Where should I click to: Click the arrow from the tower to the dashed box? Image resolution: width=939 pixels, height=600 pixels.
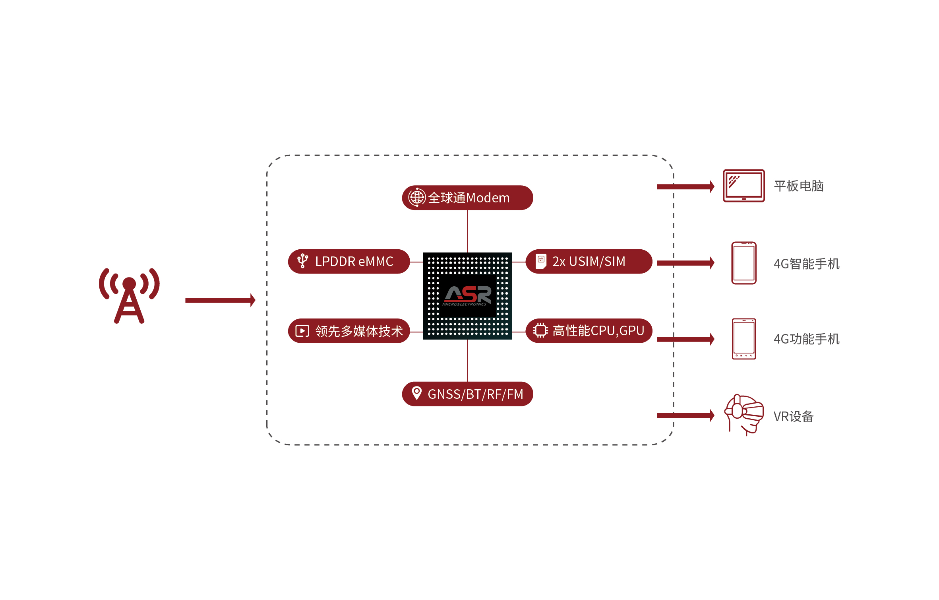point(220,300)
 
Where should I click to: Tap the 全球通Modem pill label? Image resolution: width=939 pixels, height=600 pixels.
point(468,198)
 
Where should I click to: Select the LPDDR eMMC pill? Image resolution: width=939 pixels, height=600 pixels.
point(349,261)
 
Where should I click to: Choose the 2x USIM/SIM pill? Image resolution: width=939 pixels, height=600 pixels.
point(589,261)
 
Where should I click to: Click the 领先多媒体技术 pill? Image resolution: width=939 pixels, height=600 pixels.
point(349,331)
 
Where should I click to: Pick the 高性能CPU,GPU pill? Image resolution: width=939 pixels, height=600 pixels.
point(589,330)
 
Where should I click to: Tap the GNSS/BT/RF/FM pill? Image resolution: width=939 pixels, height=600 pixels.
point(468,394)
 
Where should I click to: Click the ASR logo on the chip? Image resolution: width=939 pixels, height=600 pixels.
point(467,295)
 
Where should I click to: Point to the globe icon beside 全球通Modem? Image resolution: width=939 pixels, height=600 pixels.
point(416,197)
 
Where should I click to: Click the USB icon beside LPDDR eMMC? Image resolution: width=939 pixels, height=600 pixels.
point(303,261)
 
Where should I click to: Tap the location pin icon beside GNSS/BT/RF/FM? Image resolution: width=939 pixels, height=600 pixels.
point(416,393)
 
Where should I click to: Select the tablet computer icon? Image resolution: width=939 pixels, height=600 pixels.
point(743,186)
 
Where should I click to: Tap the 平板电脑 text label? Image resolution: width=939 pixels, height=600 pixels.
point(798,186)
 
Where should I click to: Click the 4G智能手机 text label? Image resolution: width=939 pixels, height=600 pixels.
point(806,264)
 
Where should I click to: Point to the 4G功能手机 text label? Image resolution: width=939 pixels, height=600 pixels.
point(806,339)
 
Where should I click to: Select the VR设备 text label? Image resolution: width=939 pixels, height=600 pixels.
point(793,416)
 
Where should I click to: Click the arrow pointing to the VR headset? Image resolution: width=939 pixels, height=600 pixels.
point(685,416)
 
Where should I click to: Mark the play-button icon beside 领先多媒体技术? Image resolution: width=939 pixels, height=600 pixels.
point(302,331)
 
